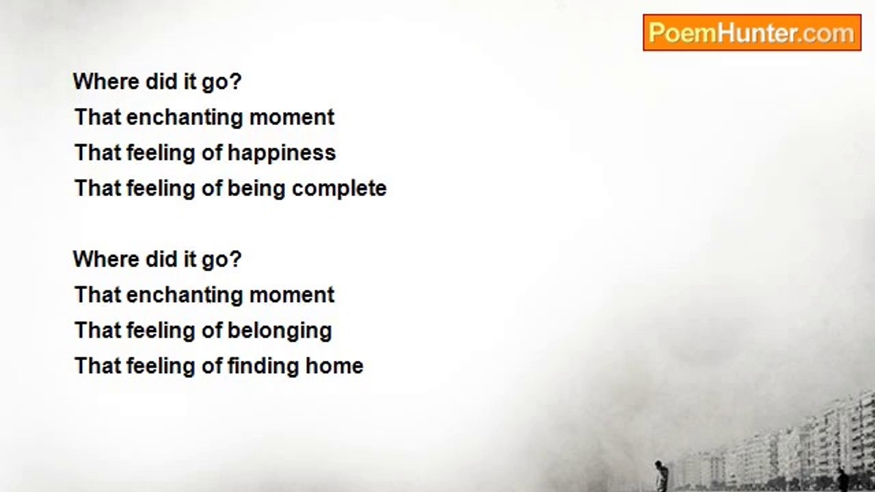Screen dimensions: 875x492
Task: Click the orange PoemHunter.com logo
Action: click(x=752, y=32)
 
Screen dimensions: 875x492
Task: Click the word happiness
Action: click(x=282, y=153)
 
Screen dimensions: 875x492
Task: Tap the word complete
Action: click(x=339, y=189)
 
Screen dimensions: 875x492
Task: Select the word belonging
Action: click(x=280, y=331)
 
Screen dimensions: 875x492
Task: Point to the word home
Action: click(x=334, y=366)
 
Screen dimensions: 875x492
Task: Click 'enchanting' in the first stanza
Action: click(x=185, y=118)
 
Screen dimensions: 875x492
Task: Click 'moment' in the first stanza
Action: click(x=292, y=118)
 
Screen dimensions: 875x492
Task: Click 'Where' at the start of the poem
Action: click(x=106, y=81)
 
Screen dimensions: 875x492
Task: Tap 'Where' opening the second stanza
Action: click(x=106, y=259)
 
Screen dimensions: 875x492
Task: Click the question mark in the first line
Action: click(x=236, y=81)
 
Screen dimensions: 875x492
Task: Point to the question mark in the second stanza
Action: click(x=236, y=259)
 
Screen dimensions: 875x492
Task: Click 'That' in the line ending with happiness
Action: click(x=98, y=152)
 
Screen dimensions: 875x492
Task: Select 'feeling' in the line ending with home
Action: click(x=161, y=367)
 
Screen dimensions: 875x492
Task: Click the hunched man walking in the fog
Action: click(x=661, y=476)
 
